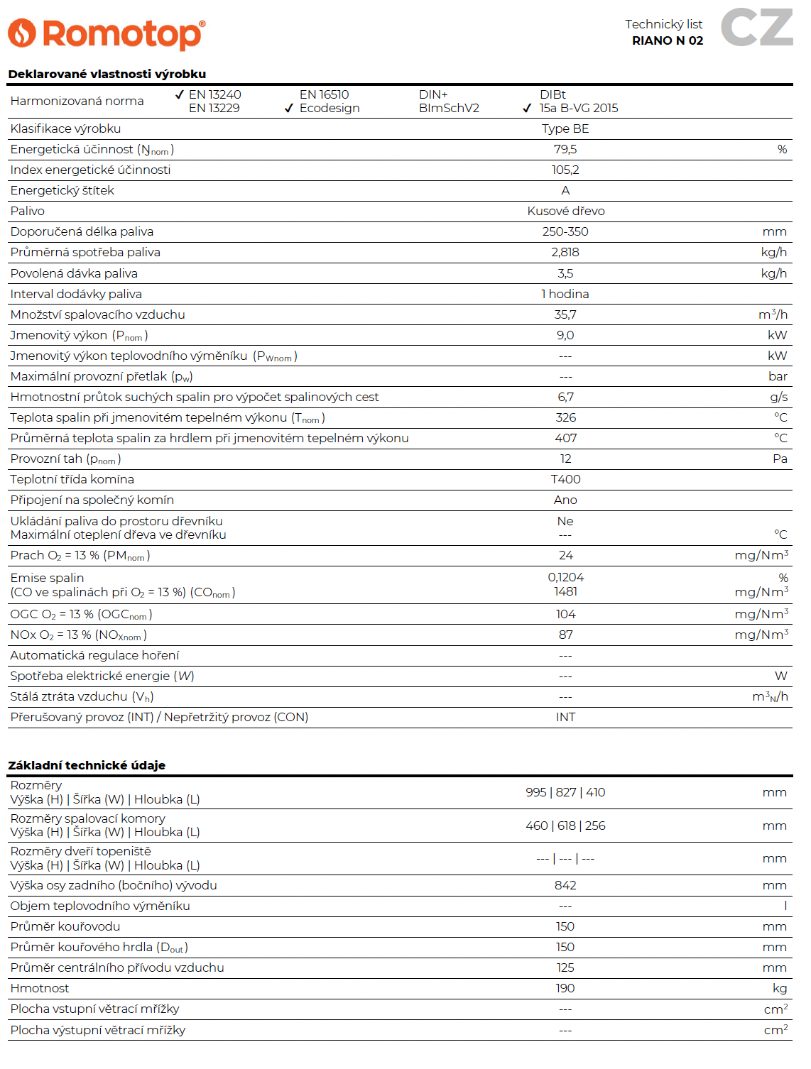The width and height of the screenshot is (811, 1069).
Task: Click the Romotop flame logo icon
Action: [x=21, y=33]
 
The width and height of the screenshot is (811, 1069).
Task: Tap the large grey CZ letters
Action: [x=756, y=28]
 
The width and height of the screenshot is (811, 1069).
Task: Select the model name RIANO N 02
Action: [x=667, y=41]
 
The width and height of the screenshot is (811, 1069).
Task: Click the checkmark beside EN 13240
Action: [x=180, y=94]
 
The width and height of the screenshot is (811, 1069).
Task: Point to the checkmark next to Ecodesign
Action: [x=289, y=109]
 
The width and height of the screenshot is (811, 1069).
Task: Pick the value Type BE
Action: [x=565, y=128]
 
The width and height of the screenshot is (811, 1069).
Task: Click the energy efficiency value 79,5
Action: [x=565, y=149]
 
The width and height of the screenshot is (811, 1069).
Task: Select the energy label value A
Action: [x=565, y=190]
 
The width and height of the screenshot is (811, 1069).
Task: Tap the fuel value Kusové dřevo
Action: [x=565, y=211]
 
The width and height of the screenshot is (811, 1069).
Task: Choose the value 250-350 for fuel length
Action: [x=565, y=231]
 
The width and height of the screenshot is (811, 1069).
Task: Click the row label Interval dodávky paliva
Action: [x=76, y=294]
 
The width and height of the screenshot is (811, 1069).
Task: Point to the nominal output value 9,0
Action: [x=565, y=335]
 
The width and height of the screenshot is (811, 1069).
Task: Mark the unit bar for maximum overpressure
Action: [x=778, y=376]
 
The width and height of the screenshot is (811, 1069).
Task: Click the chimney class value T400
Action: [x=565, y=479]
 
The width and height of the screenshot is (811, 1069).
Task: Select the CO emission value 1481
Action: [x=565, y=591]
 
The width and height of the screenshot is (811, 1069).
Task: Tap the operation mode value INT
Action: [x=565, y=717]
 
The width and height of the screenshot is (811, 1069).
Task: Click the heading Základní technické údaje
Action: [x=87, y=765]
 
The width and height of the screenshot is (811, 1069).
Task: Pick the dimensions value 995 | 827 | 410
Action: [x=565, y=792]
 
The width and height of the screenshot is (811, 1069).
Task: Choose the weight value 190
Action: [x=565, y=988]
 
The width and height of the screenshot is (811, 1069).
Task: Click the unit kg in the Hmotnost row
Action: [x=780, y=988]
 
